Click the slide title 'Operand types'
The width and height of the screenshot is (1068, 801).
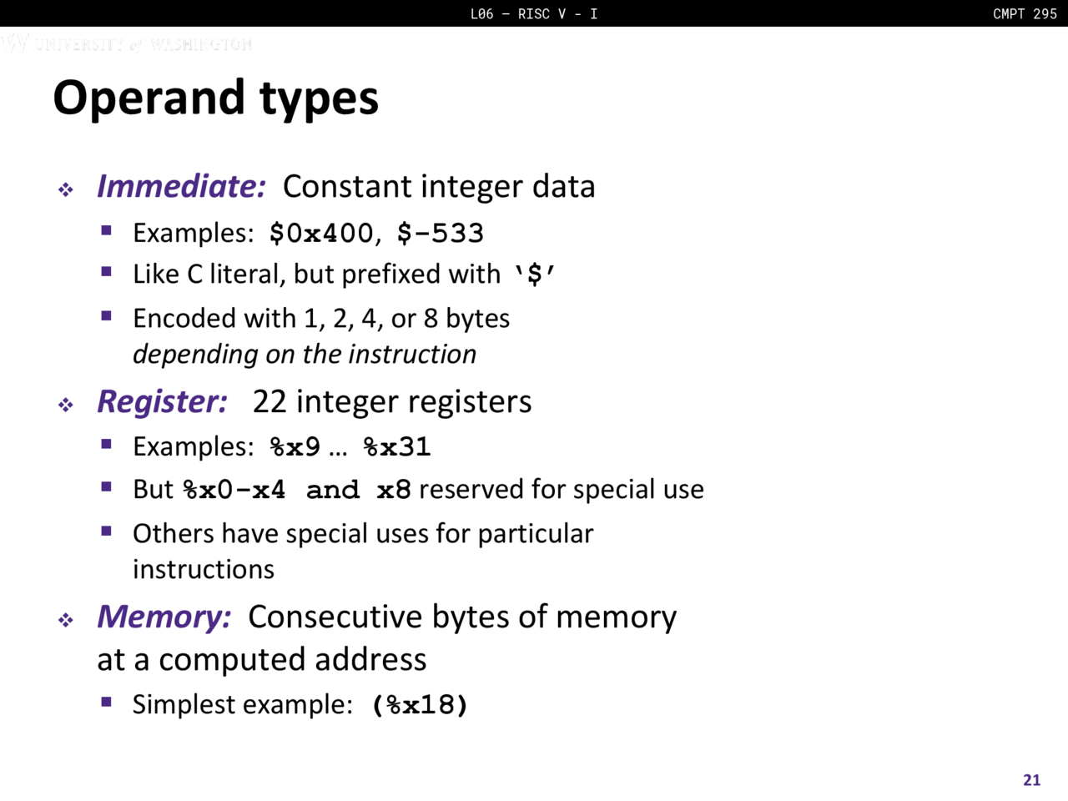[x=215, y=99]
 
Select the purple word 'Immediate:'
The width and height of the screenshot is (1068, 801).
[x=182, y=186]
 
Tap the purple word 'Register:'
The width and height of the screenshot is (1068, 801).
[x=162, y=403]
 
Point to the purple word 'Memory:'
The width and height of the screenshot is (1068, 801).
[x=164, y=617]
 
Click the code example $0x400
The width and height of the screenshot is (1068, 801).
[x=321, y=234]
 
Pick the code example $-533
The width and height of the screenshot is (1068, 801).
[x=441, y=234]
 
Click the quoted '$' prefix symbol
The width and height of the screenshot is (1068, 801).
[x=535, y=275]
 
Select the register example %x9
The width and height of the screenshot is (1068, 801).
[x=295, y=447]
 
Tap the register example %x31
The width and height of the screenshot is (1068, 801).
[x=397, y=447]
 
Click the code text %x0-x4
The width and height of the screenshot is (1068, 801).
[x=234, y=490]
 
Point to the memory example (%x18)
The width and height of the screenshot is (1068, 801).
[x=420, y=705]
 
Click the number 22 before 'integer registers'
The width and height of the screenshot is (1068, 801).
[x=270, y=402]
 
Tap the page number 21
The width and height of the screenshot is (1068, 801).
[x=1031, y=780]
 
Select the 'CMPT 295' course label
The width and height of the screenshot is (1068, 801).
[x=1025, y=13]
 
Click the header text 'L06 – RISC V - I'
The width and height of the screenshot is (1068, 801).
[x=534, y=13]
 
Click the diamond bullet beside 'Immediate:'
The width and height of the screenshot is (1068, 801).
[x=66, y=189]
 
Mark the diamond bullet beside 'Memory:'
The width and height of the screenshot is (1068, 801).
[x=66, y=620]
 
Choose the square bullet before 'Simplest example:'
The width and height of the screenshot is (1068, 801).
[x=106, y=702]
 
